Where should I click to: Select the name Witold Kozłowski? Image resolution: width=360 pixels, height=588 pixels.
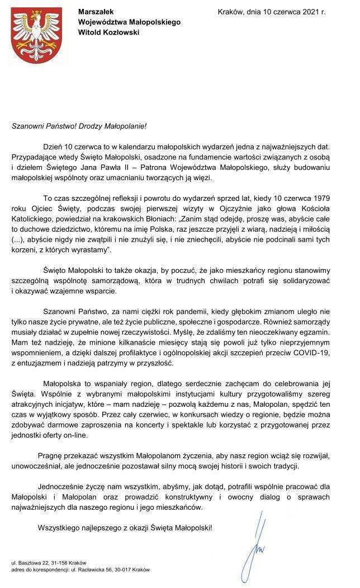point(109,32)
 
